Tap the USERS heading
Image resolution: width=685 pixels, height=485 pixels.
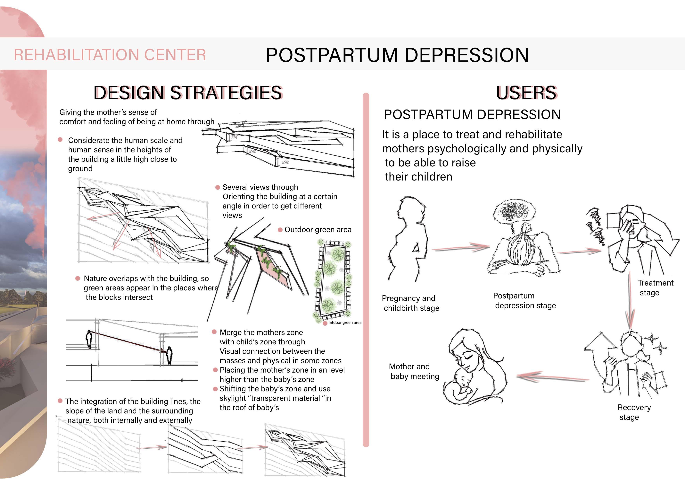coord(526,93)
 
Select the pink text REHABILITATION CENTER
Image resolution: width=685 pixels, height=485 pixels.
coord(110,55)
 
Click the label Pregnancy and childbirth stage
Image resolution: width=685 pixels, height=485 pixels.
coord(410,303)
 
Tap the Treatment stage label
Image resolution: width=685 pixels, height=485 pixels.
coord(655,287)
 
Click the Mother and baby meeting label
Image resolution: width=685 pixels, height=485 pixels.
coord(414,371)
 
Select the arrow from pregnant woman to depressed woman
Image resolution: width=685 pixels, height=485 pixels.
coord(461,248)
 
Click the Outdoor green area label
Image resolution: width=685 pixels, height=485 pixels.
coord(318,230)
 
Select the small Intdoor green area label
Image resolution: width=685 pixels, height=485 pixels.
coord(345,323)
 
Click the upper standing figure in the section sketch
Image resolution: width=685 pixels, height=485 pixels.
coord(89,339)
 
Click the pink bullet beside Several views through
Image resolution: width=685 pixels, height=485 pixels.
coord(218,187)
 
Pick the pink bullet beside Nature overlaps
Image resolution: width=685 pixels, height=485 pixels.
coord(78,278)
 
